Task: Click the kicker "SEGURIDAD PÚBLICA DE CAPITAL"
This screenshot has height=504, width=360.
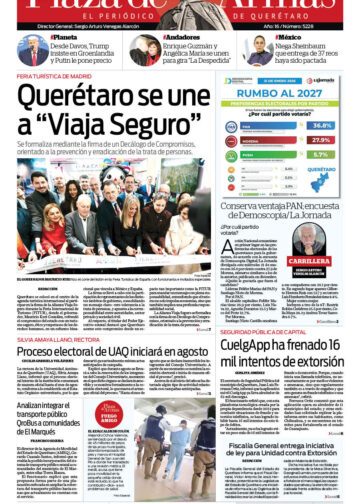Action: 260,330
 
